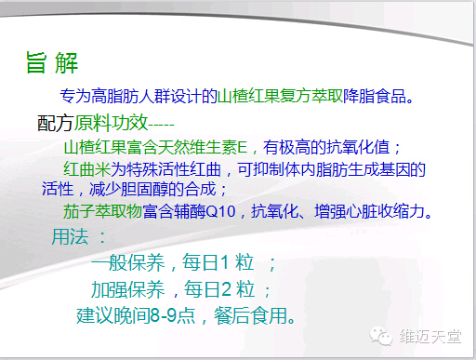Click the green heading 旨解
[x=51, y=63]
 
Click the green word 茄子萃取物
[x=103, y=211]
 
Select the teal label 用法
[x=72, y=237]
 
